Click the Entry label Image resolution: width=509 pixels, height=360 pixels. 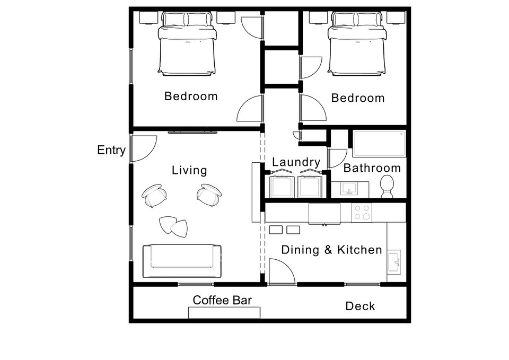tap(111, 151)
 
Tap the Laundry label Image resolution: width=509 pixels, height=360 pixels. tap(296, 162)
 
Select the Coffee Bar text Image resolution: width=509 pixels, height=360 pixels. tap(222, 300)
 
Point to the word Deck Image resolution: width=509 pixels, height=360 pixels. tap(360, 306)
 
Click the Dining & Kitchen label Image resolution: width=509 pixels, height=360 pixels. tap(331, 250)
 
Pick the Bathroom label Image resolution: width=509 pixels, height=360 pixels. tap(372, 168)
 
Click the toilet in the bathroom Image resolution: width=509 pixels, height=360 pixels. tap(387, 187)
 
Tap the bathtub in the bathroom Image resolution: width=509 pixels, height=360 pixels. tap(380, 144)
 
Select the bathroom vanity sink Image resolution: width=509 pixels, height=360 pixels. tap(349, 188)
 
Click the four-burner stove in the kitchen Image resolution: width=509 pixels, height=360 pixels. tap(362, 213)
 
